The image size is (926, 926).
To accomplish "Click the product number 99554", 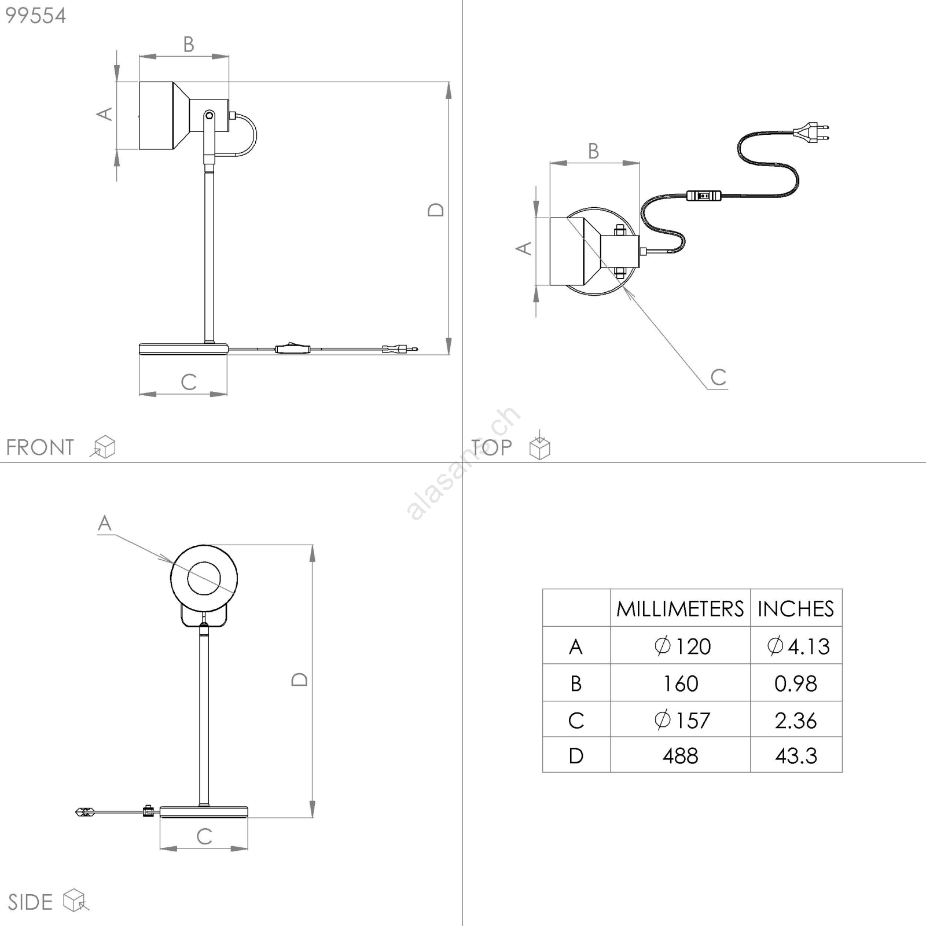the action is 36,16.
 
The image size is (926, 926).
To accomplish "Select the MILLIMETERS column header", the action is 680,609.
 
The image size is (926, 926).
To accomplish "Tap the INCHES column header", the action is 796,609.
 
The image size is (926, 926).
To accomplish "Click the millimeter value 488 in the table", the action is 681,756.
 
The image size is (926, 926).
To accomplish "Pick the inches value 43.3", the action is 796,756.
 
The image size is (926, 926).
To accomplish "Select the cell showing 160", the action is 681,684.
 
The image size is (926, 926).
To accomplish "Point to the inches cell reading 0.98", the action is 796,684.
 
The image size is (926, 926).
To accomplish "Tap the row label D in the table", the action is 576,756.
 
